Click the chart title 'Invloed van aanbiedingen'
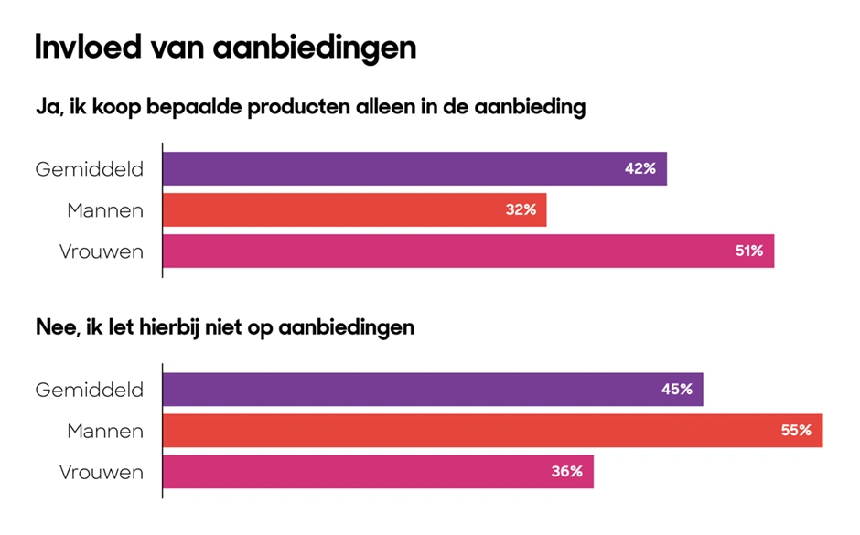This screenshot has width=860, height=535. click(225, 47)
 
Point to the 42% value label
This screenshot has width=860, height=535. click(640, 169)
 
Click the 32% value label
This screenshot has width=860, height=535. click(520, 210)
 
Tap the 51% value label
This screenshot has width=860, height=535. click(748, 251)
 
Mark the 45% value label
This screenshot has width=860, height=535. click(677, 390)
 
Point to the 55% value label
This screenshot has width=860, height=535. click(796, 431)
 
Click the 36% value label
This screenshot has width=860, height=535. click(567, 472)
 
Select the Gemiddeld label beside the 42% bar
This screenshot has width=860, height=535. click(90, 169)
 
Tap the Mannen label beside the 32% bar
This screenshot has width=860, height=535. click(105, 210)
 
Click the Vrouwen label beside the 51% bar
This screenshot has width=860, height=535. click(102, 251)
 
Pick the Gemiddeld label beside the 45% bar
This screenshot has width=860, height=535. click(90, 390)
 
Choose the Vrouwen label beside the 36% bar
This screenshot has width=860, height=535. click(102, 472)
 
